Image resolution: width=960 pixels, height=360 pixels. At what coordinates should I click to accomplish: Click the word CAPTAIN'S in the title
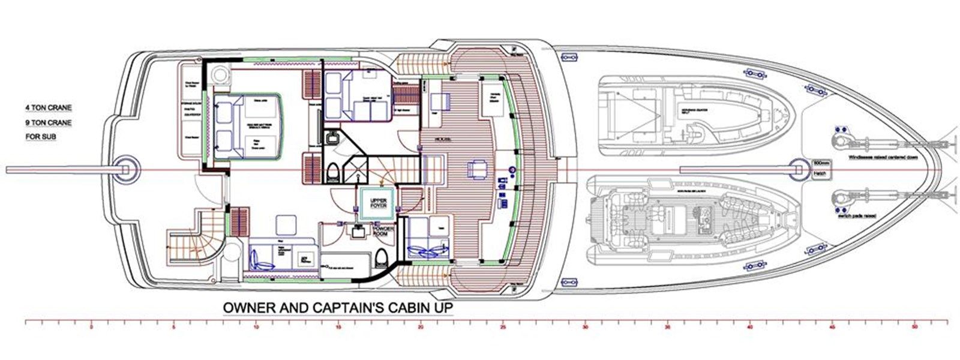347,308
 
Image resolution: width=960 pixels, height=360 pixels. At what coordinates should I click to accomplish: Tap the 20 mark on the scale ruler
421,328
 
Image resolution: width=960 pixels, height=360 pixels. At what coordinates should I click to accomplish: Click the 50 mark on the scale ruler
914,328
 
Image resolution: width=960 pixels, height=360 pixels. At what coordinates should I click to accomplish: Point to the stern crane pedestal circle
126,168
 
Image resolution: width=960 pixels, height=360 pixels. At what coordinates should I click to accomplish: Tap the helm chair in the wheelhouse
478,169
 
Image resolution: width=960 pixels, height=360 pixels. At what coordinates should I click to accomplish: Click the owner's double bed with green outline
246,126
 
